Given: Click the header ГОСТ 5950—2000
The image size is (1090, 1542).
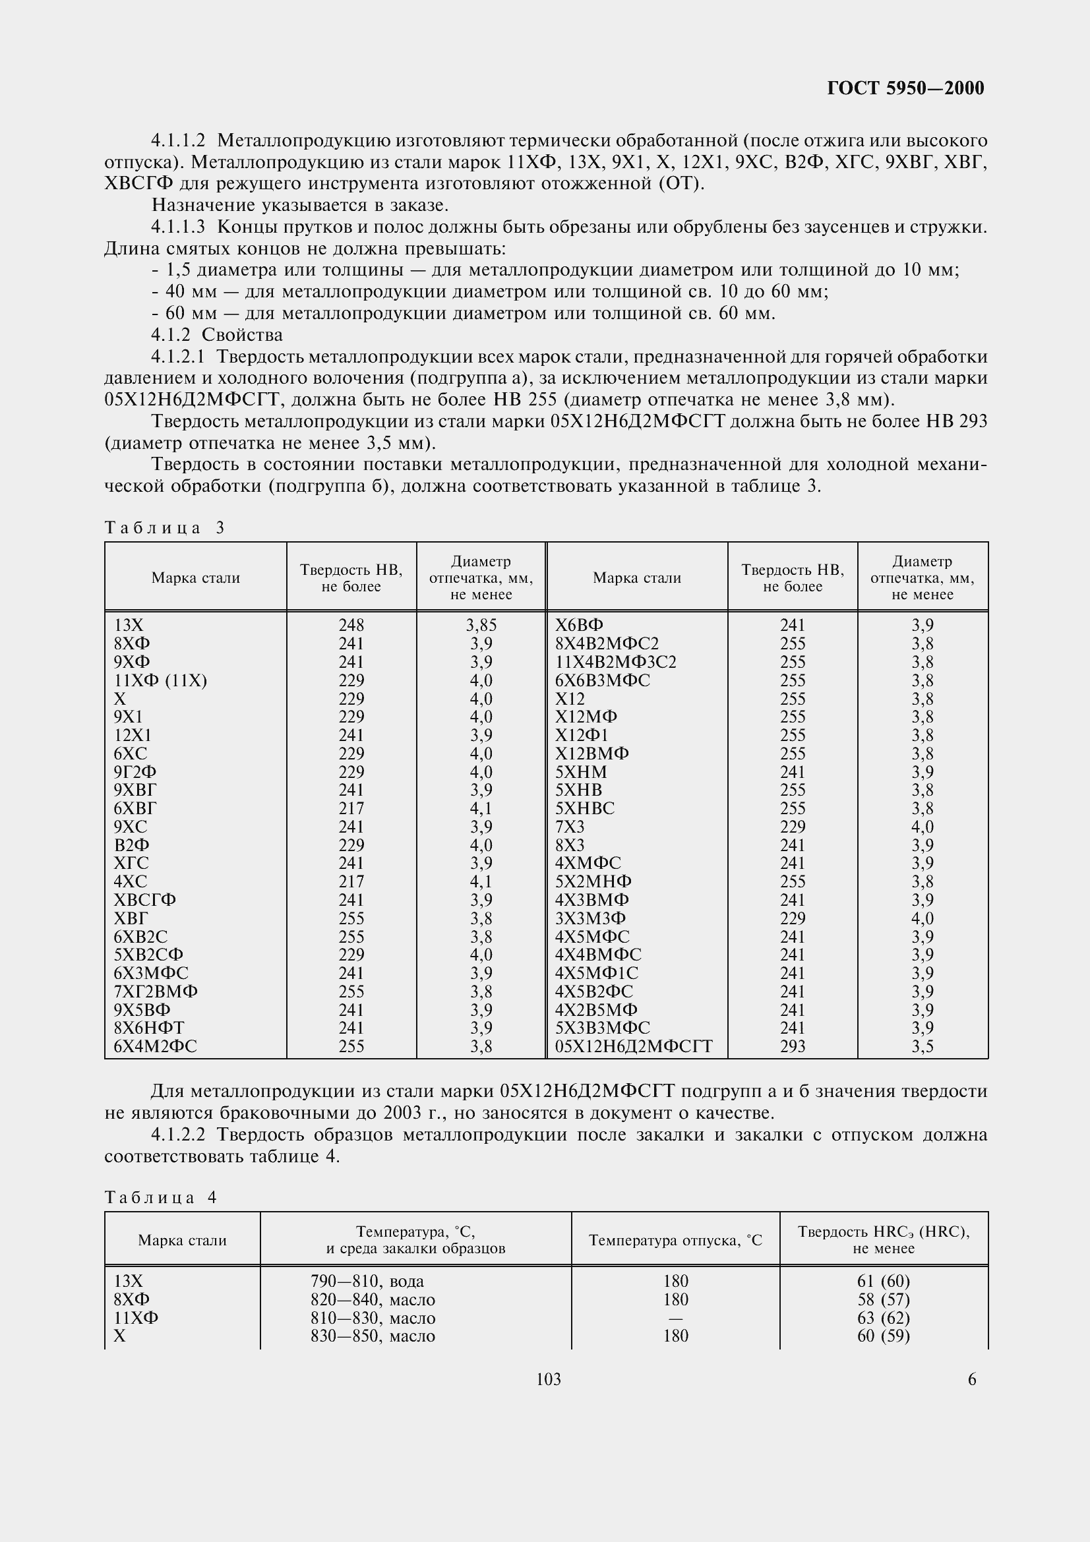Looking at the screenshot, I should point(905,88).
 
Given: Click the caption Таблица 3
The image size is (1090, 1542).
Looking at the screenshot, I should point(164,528).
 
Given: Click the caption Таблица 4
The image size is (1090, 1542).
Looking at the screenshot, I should point(160,1197).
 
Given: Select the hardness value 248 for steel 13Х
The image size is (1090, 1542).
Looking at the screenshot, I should point(351,625).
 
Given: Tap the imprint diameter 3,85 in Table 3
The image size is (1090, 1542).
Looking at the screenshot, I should point(481,625).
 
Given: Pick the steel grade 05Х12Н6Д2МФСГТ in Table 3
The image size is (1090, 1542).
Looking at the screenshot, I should point(633,1046).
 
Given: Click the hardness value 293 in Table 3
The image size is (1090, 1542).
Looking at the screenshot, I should point(793,1046).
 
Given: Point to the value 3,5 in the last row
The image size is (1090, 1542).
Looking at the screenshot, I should point(922,1046).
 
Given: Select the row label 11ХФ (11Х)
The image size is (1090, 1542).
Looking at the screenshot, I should point(160,680).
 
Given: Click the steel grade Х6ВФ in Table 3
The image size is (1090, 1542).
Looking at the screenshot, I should point(579,625).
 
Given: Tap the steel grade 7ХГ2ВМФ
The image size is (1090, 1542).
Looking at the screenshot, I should point(156,992).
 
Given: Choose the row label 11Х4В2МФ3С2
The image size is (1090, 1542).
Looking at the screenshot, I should point(616,662).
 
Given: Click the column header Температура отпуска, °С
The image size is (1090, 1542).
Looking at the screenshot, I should point(675,1240).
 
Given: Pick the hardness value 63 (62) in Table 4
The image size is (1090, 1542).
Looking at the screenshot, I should point(883,1318).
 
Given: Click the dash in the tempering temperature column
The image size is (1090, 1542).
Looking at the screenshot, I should point(675,1318).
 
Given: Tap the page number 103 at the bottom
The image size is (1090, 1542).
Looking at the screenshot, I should point(549,1379).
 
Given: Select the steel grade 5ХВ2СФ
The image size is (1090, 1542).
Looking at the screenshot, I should point(148,955).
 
